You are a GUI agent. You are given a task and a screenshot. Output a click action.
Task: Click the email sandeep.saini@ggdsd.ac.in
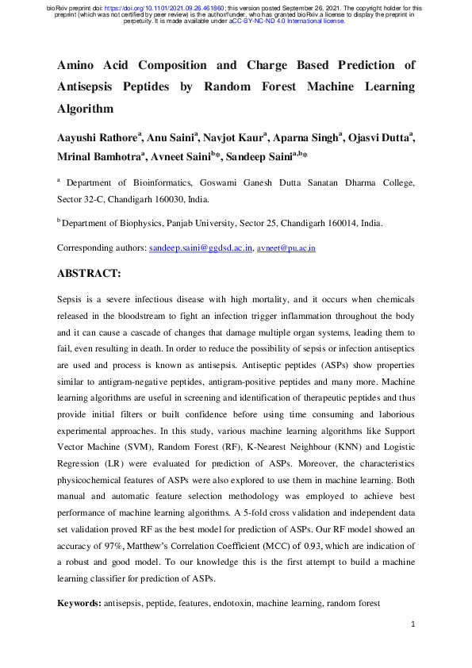200,248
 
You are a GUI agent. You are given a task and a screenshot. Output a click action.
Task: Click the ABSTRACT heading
89,274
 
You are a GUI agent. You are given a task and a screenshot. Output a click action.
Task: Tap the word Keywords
79,604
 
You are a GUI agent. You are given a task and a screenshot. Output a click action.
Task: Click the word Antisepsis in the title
90,87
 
